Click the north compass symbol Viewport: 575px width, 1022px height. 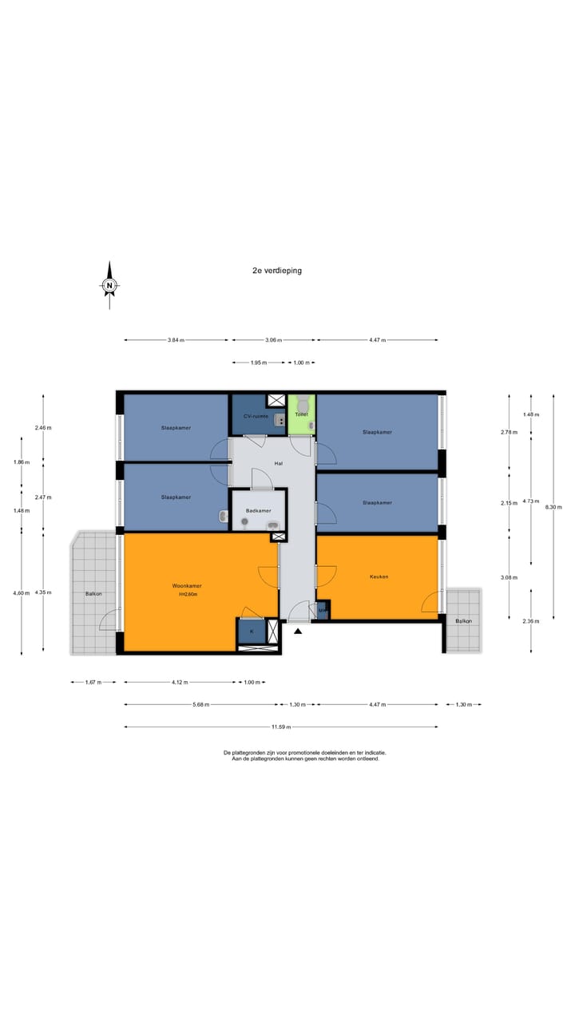[x=109, y=285]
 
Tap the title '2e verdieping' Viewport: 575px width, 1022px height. [x=277, y=271]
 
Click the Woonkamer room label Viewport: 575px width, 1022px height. [x=187, y=586]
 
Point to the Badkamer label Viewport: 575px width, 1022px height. [x=258, y=510]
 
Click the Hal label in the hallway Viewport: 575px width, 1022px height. [x=279, y=463]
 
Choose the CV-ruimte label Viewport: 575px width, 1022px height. [x=255, y=417]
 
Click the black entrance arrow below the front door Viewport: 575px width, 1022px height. [x=299, y=632]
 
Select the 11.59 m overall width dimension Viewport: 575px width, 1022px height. [x=280, y=727]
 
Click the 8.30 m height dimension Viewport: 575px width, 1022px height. [x=558, y=507]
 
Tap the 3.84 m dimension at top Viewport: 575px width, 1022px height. [x=176, y=341]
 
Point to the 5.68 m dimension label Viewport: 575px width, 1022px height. [x=201, y=705]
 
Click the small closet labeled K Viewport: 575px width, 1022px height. [x=252, y=632]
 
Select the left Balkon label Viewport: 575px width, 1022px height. [x=93, y=594]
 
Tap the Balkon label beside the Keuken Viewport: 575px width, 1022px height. [x=463, y=621]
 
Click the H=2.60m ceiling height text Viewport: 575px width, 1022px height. [x=187, y=595]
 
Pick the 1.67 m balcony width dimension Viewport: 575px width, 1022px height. [x=93, y=683]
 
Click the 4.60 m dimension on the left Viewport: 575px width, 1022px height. [x=22, y=593]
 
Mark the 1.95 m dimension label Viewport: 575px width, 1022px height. [x=258, y=363]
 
